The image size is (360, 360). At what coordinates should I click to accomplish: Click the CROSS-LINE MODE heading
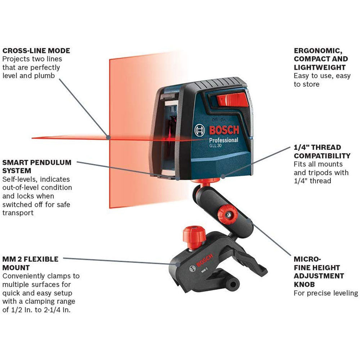[x=36, y=50]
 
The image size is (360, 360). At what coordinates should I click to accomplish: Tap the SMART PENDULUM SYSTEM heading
[x=37, y=166]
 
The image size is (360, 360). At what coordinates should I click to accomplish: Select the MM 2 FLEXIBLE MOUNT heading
[x=30, y=264]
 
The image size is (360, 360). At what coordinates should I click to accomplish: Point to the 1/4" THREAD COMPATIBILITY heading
[x=322, y=152]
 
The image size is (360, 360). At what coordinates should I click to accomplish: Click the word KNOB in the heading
[x=304, y=284]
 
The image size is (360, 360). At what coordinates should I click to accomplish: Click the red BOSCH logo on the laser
[x=224, y=130]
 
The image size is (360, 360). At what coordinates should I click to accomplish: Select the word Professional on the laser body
[x=224, y=140]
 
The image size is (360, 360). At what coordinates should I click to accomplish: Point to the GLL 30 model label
[x=215, y=145]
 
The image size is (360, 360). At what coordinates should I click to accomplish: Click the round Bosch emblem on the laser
[x=199, y=130]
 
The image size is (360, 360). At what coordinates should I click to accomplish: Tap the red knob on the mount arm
[x=227, y=215]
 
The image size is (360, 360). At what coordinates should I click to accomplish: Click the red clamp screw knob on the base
[x=194, y=237]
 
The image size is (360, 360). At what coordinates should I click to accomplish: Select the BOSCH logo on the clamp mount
[x=204, y=261]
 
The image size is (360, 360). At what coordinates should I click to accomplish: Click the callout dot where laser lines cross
[x=108, y=138]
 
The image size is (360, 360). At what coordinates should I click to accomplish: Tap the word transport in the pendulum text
[x=18, y=213]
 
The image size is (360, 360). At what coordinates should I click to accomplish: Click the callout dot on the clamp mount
[x=178, y=264]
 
